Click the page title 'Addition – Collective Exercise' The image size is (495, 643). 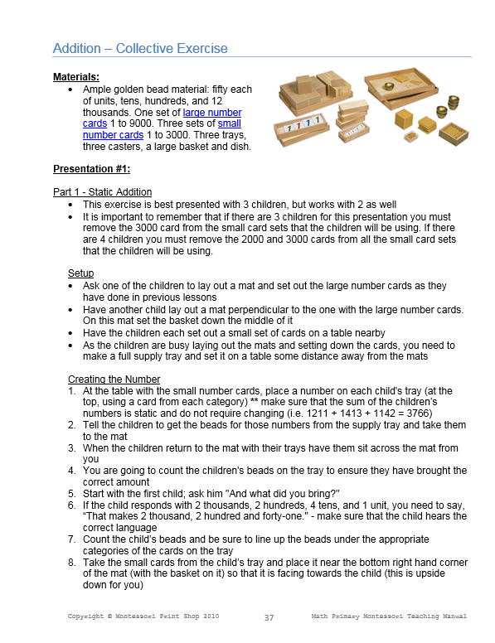(x=139, y=48)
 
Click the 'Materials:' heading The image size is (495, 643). (x=76, y=77)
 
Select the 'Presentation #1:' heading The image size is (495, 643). (x=93, y=169)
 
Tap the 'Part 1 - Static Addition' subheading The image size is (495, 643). (x=102, y=192)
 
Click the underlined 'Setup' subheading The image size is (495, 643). (x=80, y=273)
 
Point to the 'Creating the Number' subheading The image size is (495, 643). (x=114, y=379)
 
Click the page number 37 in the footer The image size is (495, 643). (x=269, y=617)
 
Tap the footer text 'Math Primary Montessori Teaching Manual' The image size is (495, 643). (x=389, y=616)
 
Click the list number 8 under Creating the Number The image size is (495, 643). (x=72, y=561)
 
